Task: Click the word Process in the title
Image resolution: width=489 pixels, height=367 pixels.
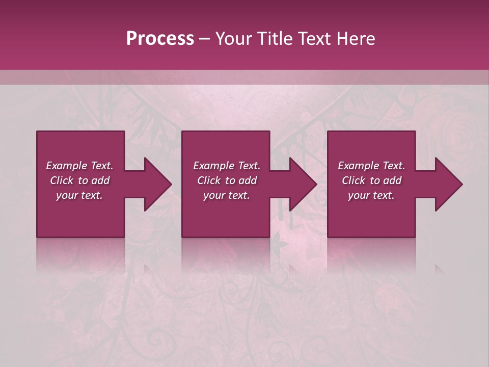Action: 160,39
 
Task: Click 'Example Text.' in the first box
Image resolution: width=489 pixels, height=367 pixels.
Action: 79,166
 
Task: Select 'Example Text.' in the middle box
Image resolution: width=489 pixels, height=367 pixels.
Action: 226,166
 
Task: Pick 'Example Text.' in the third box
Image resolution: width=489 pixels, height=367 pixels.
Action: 371,166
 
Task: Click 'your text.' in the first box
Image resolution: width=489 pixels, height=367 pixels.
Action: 79,195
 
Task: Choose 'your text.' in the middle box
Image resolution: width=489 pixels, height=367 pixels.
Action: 226,195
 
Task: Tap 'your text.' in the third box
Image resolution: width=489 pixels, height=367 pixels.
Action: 371,195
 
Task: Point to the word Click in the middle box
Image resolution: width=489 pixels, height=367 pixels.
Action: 209,180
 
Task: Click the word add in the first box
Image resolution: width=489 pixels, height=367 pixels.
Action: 100,180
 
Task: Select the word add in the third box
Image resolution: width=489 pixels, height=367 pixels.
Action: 392,180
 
